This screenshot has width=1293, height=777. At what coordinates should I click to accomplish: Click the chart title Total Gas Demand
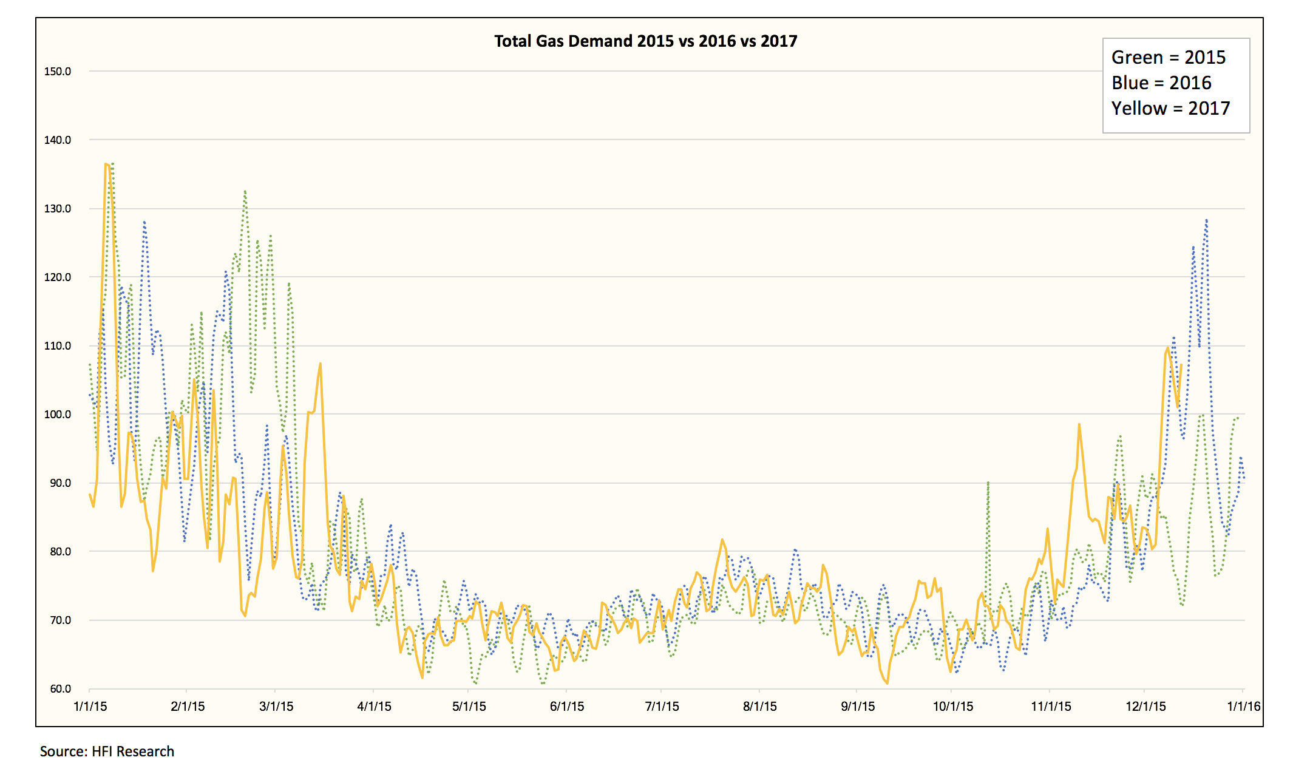645,41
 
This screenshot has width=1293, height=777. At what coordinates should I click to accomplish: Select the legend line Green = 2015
1168,58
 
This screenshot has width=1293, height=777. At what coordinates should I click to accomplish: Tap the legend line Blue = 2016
1161,83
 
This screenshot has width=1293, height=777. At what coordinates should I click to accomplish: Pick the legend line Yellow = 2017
1170,109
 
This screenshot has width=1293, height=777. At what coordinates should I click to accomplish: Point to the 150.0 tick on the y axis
58,72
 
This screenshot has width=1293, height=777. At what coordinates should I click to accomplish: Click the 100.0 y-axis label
58,415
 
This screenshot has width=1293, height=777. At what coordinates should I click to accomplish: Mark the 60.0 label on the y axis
60,689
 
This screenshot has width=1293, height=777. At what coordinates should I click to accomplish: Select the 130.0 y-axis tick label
58,209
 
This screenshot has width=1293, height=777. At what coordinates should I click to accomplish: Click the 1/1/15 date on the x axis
90,707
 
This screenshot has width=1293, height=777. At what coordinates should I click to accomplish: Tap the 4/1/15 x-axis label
374,707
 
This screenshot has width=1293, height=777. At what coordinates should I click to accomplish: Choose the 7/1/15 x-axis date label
662,707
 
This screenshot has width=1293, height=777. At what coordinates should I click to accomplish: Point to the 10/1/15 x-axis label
952,707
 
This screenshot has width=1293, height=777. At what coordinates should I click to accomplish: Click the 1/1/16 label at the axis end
1244,707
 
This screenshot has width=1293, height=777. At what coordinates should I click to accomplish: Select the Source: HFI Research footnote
107,752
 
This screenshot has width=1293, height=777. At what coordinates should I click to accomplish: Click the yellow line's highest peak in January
106,164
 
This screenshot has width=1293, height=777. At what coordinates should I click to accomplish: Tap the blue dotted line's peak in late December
1206,220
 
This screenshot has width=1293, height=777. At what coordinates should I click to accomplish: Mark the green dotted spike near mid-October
988,483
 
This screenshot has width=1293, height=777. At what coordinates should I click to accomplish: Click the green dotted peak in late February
245,191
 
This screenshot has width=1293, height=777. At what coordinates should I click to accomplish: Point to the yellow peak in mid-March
320,364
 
